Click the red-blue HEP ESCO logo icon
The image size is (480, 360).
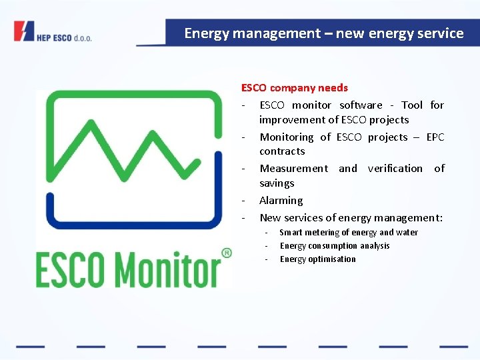tap(24, 31)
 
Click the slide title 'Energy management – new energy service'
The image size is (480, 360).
tap(324, 33)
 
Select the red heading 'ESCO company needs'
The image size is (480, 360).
tap(294, 87)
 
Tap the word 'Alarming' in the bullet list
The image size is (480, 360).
tap(281, 200)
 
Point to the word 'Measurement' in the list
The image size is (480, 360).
tap(293, 168)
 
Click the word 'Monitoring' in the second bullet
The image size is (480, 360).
tap(286, 137)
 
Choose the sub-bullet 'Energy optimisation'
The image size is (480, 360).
tap(317, 259)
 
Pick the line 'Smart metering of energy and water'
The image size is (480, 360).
tap(349, 232)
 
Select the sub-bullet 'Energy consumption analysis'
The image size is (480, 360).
tap(335, 245)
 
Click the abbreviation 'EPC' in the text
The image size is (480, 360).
tap(435, 137)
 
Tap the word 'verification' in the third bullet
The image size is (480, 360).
tap(395, 168)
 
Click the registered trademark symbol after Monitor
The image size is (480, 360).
tap(226, 253)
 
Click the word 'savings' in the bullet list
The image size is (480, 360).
tap(277, 183)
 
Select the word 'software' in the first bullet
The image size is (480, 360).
tap(361, 105)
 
